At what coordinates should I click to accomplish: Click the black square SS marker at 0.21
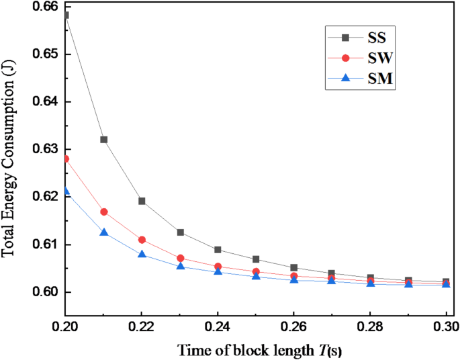(x=103, y=140)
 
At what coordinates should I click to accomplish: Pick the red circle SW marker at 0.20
(x=66, y=159)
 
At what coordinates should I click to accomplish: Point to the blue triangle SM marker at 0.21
(x=103, y=232)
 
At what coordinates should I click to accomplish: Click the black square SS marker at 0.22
(x=142, y=201)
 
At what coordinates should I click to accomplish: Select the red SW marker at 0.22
(x=142, y=240)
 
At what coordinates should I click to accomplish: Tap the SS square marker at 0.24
(x=218, y=250)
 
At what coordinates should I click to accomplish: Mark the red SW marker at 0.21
(x=103, y=212)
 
